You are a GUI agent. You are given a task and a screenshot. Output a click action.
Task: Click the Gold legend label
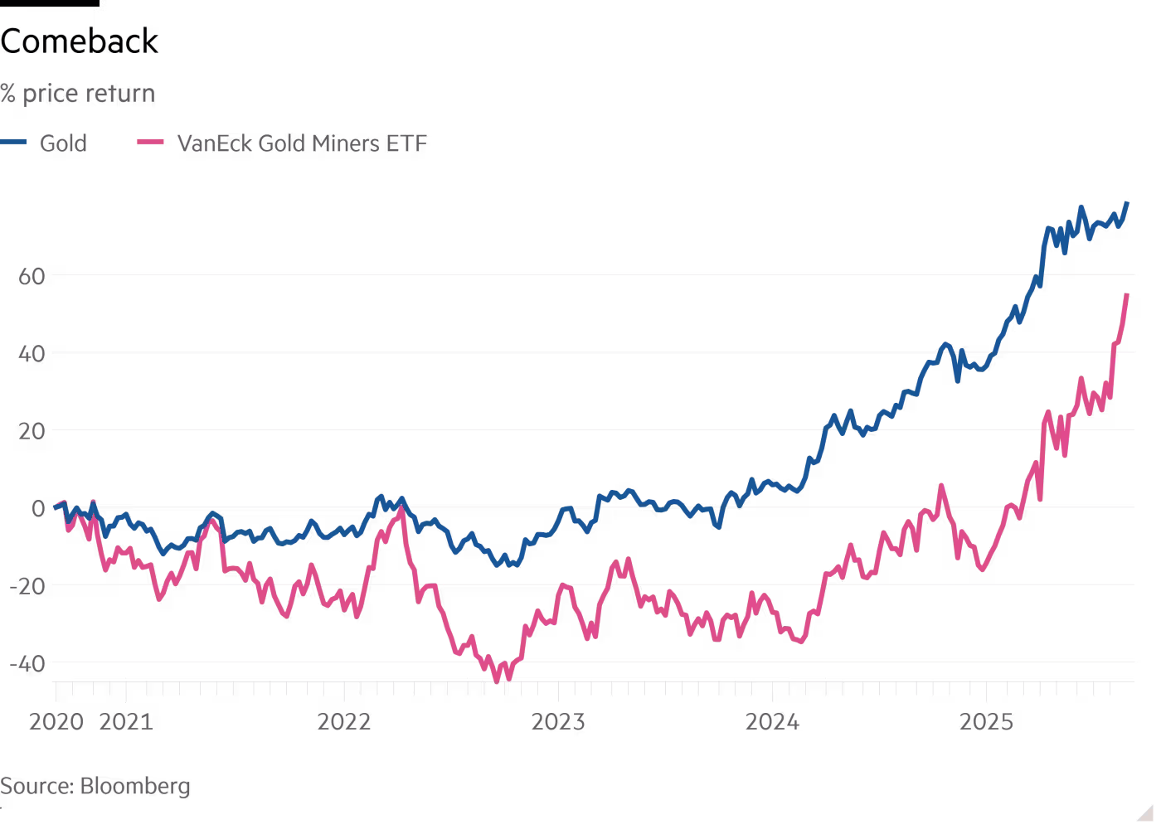[x=63, y=143]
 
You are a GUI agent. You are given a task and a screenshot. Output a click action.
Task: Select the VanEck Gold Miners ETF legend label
[x=302, y=143]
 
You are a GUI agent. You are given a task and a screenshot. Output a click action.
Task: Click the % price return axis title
[x=78, y=94]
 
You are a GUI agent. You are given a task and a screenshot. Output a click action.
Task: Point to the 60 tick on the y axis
[x=32, y=275]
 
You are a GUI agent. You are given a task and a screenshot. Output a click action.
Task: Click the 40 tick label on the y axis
[x=32, y=353]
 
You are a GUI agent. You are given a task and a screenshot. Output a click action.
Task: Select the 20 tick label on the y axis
[x=32, y=430]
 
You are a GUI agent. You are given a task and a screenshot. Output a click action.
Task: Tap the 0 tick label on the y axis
[x=38, y=508]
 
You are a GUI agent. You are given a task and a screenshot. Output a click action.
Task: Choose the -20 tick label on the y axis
[x=27, y=585]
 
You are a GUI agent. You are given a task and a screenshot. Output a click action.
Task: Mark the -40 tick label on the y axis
[x=27, y=663]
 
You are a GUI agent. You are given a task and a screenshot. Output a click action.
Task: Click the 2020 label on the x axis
[x=56, y=722]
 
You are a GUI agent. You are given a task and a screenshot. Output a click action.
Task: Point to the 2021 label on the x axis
[x=126, y=722]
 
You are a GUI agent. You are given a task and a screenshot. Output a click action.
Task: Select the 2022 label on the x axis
[x=344, y=722]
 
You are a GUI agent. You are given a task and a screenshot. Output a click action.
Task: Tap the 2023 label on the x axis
[x=558, y=722]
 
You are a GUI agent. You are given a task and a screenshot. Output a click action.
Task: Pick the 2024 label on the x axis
[x=772, y=722]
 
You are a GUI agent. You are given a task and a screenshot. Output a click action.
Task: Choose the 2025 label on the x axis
[x=986, y=722]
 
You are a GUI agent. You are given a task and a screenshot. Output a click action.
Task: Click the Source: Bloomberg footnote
[x=95, y=786]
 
